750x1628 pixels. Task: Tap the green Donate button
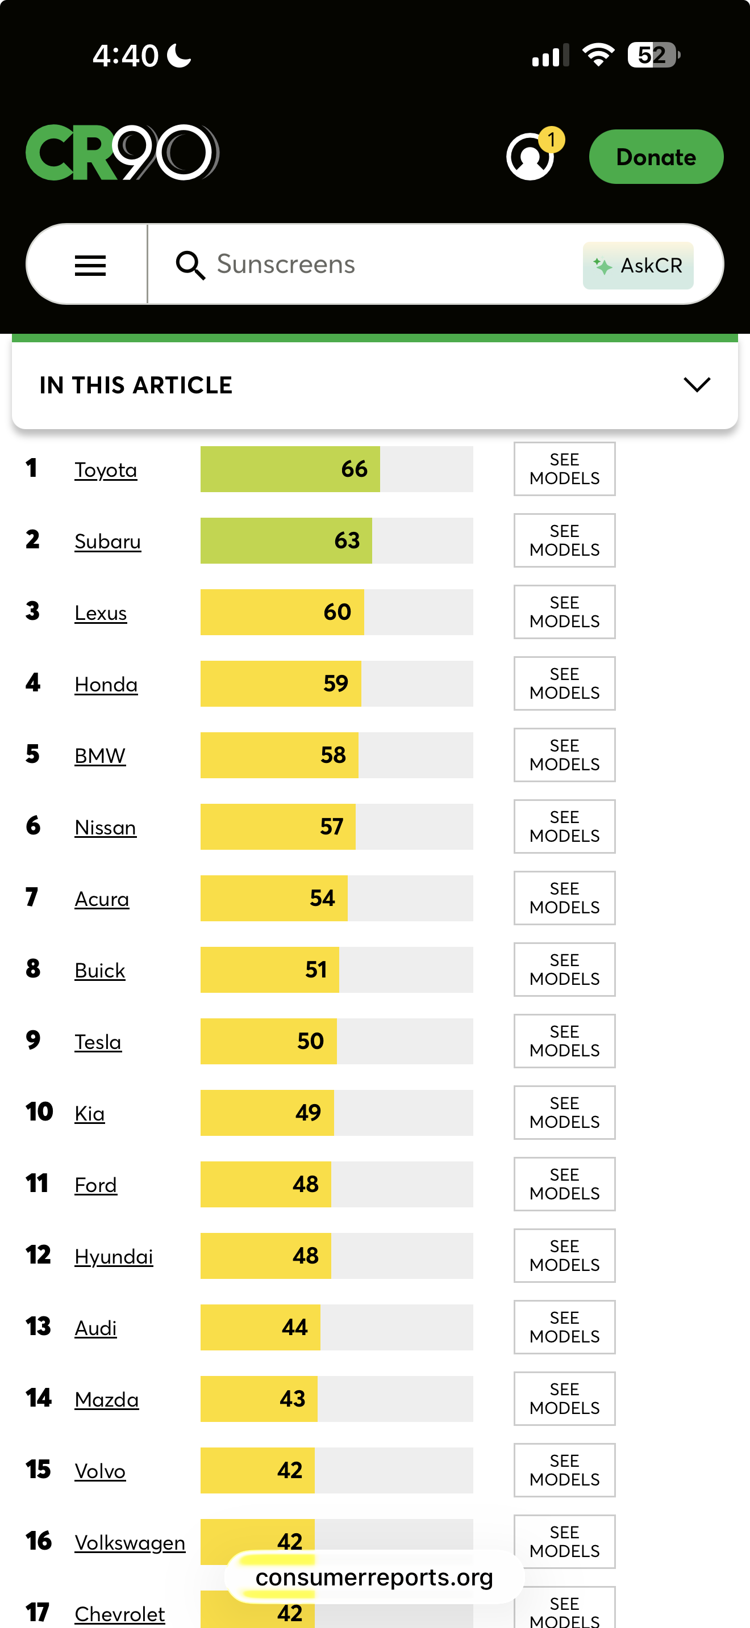point(656,157)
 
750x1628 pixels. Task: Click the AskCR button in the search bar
point(638,266)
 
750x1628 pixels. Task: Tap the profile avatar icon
point(530,157)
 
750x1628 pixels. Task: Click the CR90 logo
point(123,152)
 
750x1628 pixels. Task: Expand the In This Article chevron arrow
point(697,384)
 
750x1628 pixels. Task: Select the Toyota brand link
point(106,470)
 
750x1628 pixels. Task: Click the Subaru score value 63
point(347,541)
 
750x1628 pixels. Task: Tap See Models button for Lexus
point(564,612)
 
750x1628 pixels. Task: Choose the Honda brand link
point(106,685)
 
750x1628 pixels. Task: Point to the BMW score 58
point(334,755)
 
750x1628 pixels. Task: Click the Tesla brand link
point(98,1042)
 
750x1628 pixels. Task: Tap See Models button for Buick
point(564,970)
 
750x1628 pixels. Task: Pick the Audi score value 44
point(295,1327)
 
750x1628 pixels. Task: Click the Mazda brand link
point(107,1400)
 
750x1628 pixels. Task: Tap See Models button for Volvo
point(564,1470)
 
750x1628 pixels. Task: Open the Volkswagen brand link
point(130,1543)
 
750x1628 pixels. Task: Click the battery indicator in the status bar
point(654,55)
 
